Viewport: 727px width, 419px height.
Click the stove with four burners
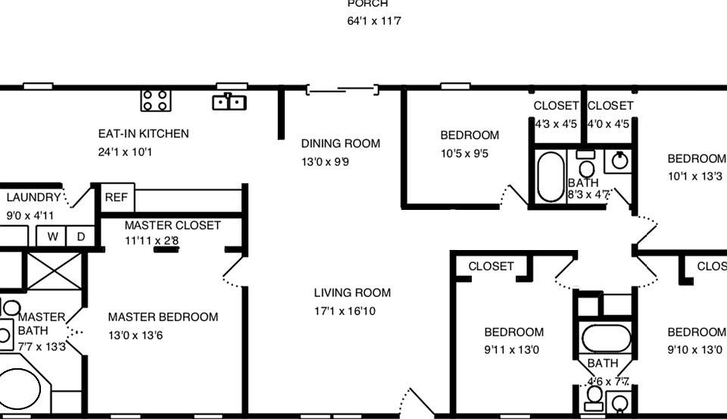tap(156, 100)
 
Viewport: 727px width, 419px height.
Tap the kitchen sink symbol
tap(229, 102)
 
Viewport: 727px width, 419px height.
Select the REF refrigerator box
tap(117, 198)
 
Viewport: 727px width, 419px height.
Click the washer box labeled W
tap(53, 236)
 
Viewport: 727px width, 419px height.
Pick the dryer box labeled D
tap(81, 236)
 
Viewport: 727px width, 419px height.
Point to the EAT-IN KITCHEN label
tap(143, 134)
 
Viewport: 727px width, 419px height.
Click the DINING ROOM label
tap(340, 144)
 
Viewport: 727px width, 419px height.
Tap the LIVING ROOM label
tap(352, 293)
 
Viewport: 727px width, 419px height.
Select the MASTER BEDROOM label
tap(163, 317)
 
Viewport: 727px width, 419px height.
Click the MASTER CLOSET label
tap(173, 226)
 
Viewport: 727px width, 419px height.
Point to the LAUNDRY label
tap(33, 198)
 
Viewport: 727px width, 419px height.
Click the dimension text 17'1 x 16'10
tap(345, 311)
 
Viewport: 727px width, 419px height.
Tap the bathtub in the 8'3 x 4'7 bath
tap(551, 177)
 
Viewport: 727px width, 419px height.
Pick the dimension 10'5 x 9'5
tap(464, 154)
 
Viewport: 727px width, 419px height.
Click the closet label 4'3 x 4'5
tap(557, 124)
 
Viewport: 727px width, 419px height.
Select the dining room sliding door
tap(342, 91)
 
